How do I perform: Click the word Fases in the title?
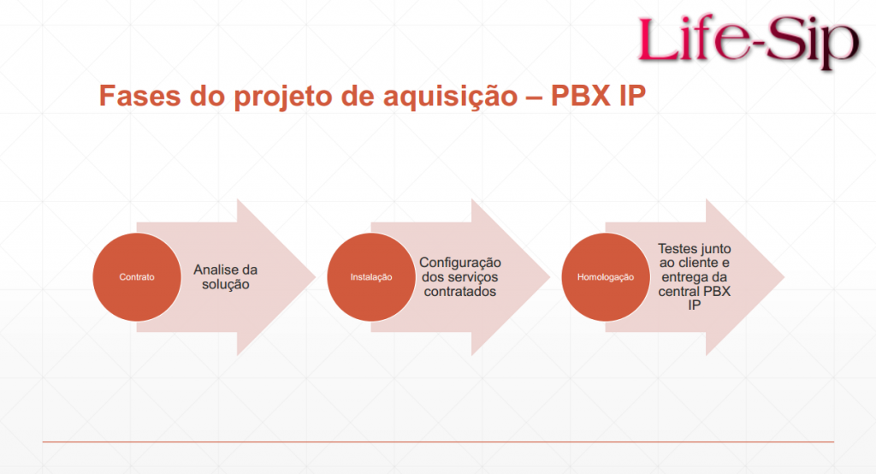pyautogui.click(x=140, y=96)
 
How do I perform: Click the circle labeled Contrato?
pyautogui.click(x=137, y=276)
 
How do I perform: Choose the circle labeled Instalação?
pyautogui.click(x=371, y=276)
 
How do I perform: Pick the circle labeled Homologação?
pyautogui.click(x=606, y=276)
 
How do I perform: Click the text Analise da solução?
pyautogui.click(x=226, y=277)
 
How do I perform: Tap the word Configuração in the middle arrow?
pyautogui.click(x=460, y=264)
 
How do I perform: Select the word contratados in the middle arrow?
pyautogui.click(x=459, y=291)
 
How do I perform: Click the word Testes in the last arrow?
pyautogui.click(x=676, y=248)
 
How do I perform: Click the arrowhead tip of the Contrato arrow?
pyautogui.click(x=316, y=276)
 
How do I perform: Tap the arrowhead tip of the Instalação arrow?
pyautogui.click(x=550, y=276)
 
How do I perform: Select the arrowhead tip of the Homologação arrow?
pyautogui.click(x=784, y=276)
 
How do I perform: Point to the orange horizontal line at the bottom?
pyautogui.click(x=438, y=441)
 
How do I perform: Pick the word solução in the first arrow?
pyautogui.click(x=226, y=285)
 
